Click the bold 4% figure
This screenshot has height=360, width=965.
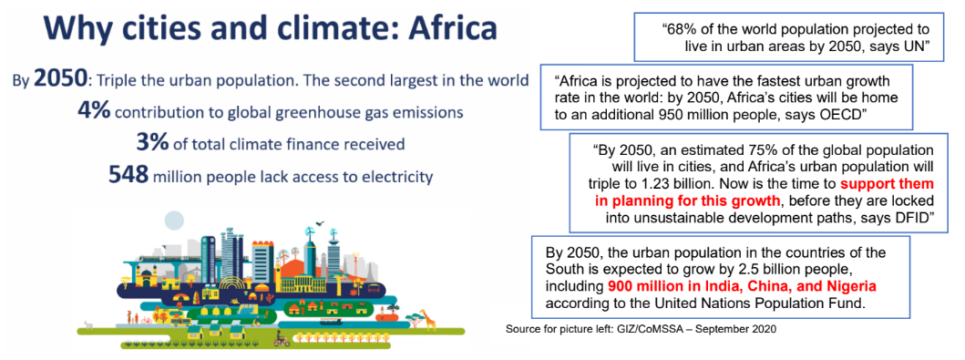[x=94, y=112]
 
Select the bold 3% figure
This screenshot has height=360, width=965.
[x=152, y=143]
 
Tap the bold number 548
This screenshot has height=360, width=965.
[x=128, y=175]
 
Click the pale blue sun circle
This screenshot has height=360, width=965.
[x=173, y=219]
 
